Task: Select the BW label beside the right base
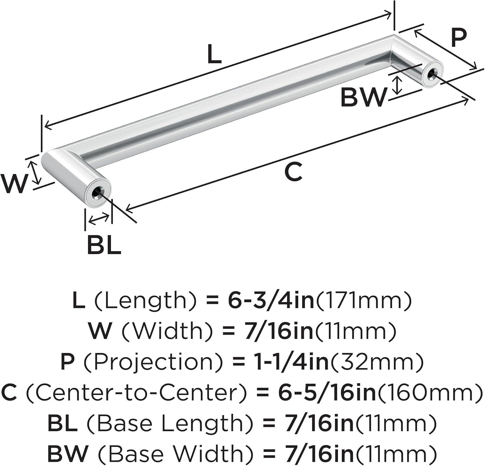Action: [x=364, y=97]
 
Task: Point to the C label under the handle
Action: [x=294, y=172]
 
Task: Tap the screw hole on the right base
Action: [x=431, y=75]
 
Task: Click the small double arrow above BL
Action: [x=99, y=220]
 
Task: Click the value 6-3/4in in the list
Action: [x=271, y=301]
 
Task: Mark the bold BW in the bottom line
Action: [x=68, y=454]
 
